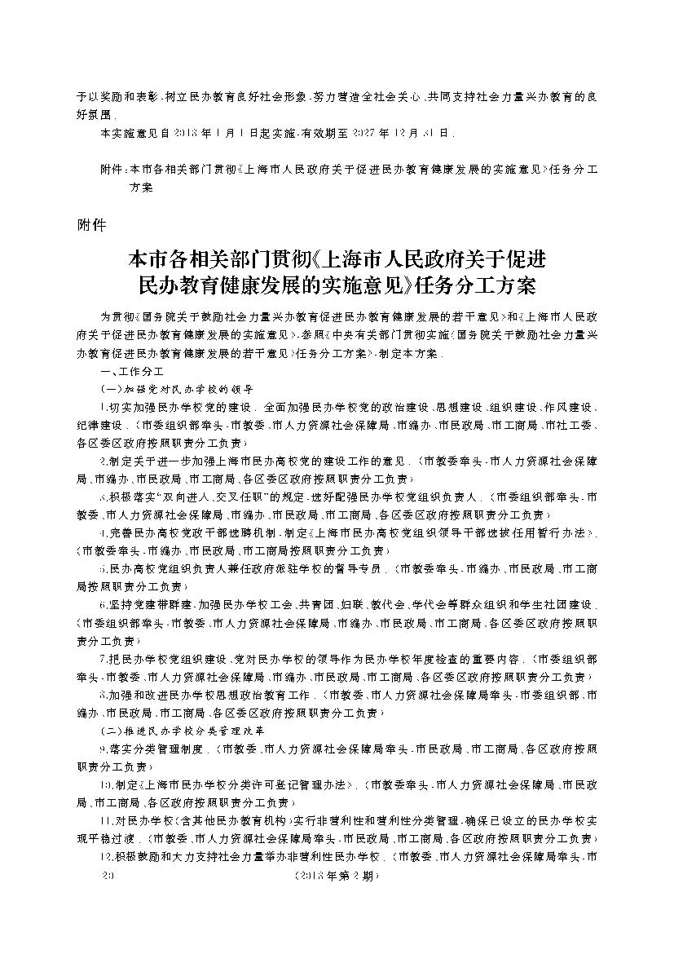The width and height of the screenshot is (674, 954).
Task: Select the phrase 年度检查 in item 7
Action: (x=436, y=658)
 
